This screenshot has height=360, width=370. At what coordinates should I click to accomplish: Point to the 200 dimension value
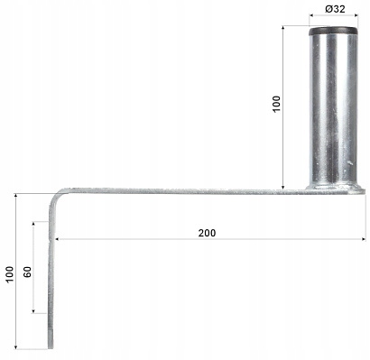point(207,232)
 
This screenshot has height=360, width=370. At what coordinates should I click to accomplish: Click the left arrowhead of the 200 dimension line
point(58,239)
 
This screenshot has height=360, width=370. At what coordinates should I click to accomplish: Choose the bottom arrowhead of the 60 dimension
point(35,312)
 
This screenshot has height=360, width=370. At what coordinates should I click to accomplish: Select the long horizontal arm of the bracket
point(180,190)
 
